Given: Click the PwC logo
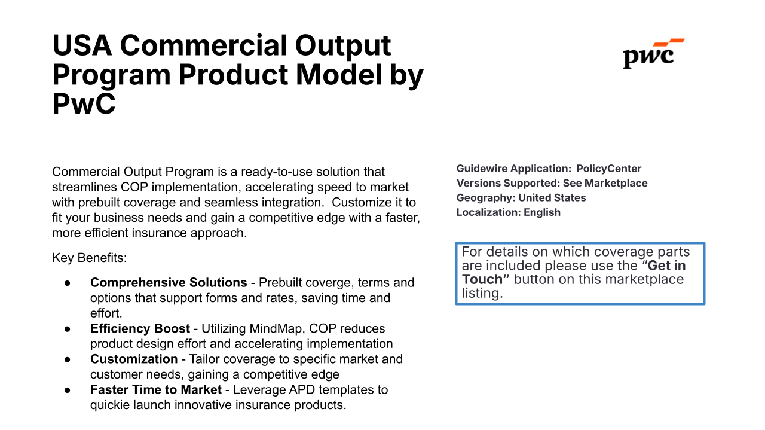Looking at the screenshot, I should (653, 54).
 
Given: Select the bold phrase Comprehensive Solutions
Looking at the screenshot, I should (169, 282).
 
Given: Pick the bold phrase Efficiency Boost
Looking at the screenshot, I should (140, 328).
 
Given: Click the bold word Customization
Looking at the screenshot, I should (134, 359).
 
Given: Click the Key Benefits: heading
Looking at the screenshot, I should (90, 258).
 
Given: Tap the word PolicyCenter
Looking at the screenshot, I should (608, 169).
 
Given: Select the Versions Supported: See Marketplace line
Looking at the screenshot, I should (552, 183).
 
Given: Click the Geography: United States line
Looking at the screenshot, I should (521, 197).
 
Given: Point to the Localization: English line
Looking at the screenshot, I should (508, 212).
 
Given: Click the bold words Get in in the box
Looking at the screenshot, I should (666, 266).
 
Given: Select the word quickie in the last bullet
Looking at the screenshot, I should (110, 405).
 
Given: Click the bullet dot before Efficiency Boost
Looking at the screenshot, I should (68, 329).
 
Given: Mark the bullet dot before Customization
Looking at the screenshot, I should (68, 359).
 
